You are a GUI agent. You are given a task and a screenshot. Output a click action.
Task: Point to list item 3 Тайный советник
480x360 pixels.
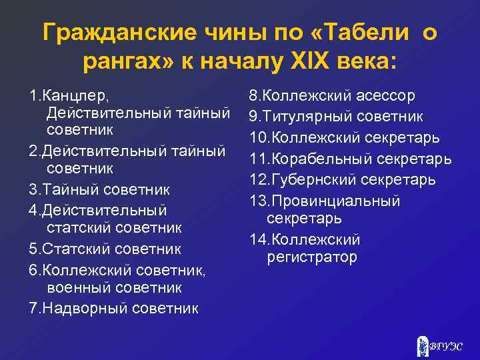(x=99, y=191)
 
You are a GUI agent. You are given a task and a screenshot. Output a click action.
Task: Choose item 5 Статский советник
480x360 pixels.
(x=105, y=249)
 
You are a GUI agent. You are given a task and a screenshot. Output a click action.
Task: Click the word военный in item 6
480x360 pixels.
(x=83, y=288)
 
